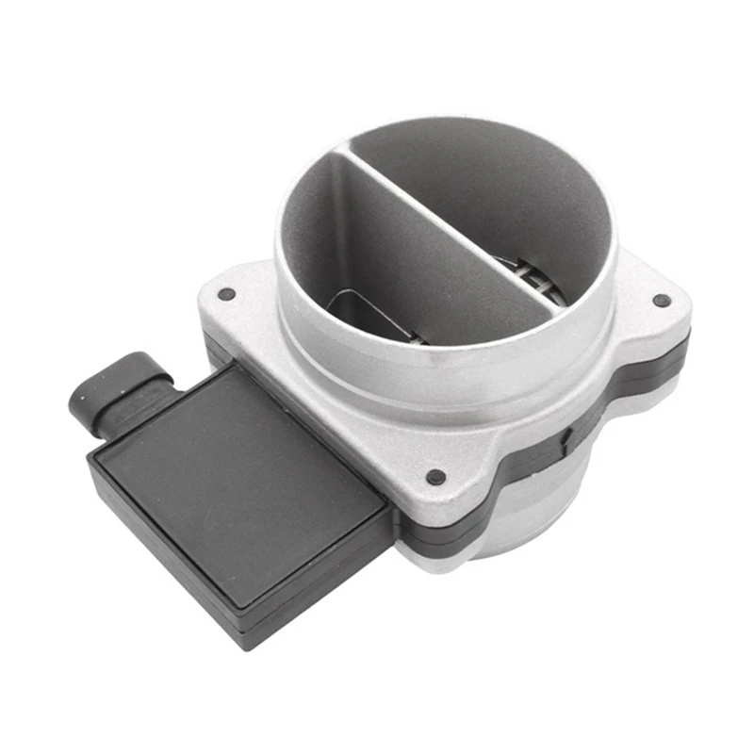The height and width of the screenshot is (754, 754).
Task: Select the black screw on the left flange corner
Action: (x=225, y=294)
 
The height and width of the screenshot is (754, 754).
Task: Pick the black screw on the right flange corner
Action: (x=662, y=301)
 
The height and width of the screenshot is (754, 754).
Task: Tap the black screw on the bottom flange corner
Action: (x=434, y=477)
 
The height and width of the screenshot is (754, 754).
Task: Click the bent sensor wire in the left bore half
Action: (x=363, y=306)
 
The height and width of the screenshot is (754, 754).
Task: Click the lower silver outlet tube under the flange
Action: (x=528, y=528)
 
